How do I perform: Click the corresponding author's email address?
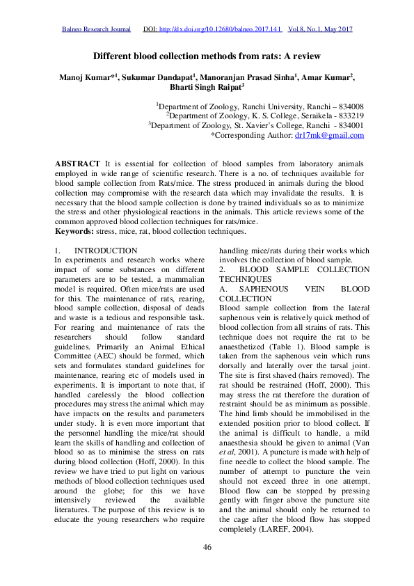(329, 135)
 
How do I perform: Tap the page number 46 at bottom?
(207, 548)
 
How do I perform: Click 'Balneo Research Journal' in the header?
(97, 30)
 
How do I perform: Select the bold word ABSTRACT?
(77, 162)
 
